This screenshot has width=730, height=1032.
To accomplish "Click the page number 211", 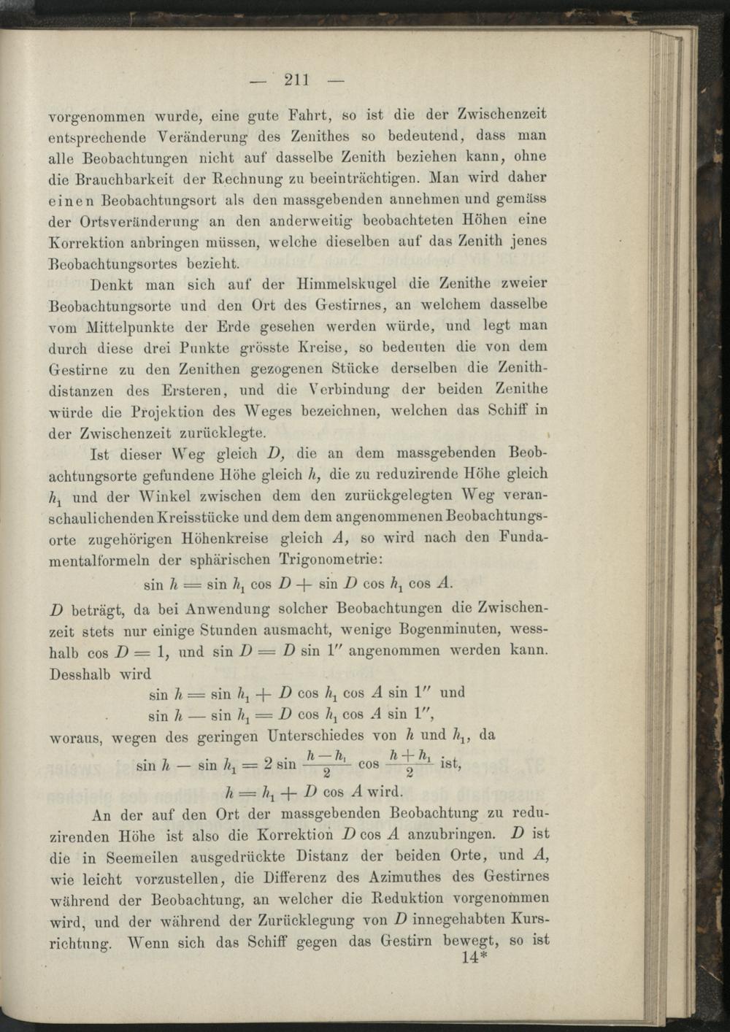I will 298,80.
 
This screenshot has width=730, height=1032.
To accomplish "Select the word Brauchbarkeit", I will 126,178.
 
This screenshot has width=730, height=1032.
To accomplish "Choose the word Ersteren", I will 186,390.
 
